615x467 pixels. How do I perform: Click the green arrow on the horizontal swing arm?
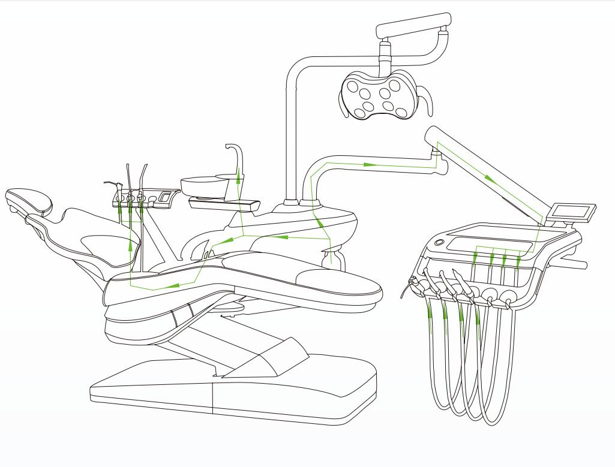368,163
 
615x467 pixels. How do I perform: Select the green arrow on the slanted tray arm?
489,178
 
